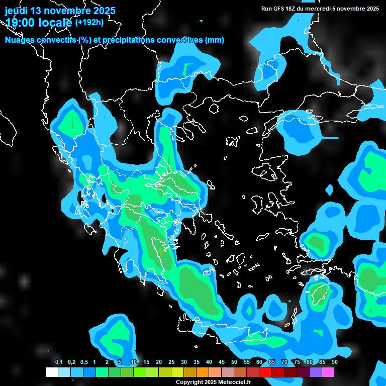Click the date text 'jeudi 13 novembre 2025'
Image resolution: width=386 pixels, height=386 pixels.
(60, 11)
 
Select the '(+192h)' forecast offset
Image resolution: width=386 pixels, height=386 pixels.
(89, 22)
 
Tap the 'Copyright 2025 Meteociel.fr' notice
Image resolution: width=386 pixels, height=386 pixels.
(213, 382)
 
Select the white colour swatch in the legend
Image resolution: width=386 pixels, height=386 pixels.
(52, 372)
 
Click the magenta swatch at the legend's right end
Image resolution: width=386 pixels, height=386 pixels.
(328, 372)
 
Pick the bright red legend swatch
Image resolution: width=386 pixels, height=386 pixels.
(265, 372)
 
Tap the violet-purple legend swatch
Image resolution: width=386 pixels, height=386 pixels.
(316, 372)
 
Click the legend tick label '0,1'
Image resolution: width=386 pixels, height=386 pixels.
(59, 362)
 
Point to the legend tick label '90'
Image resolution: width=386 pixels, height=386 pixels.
(335, 362)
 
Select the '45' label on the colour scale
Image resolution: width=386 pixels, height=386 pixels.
(222, 362)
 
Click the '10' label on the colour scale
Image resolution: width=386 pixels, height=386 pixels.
(134, 362)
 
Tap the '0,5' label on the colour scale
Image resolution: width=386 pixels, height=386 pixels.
(84, 362)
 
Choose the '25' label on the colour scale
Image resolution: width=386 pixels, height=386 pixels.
(171, 362)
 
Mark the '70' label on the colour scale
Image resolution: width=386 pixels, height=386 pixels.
(284, 362)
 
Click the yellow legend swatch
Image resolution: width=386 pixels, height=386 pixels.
(177, 372)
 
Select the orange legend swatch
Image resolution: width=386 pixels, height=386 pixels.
(203, 372)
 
